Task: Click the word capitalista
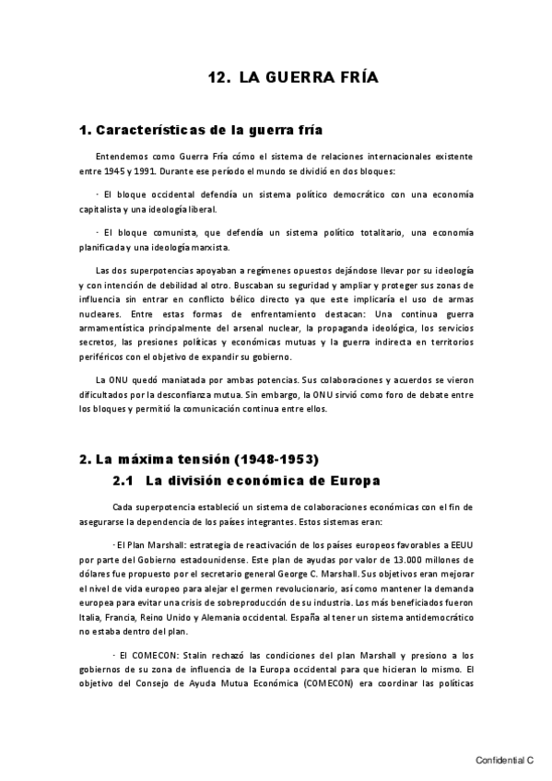(x=103, y=209)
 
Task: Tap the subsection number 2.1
(x=124, y=480)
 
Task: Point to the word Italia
(x=92, y=619)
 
